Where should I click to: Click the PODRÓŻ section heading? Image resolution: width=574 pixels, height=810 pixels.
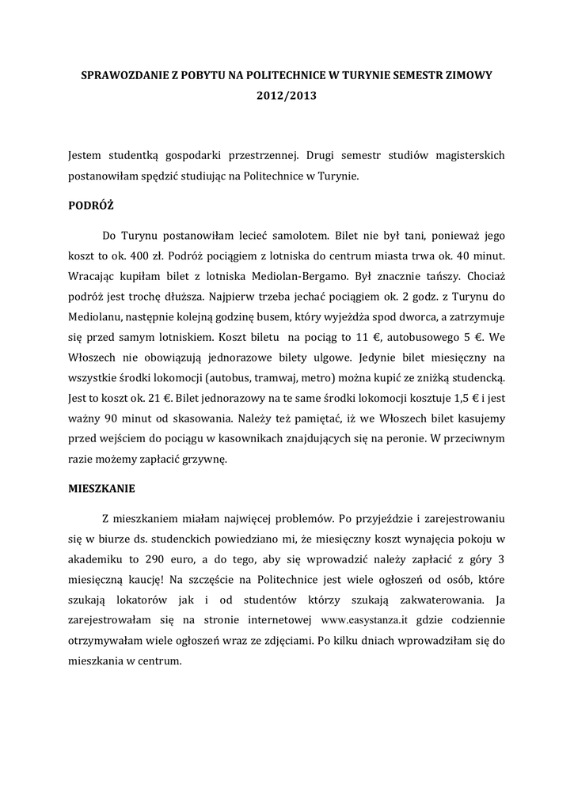click(x=92, y=205)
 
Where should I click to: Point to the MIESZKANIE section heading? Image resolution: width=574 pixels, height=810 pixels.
click(x=102, y=488)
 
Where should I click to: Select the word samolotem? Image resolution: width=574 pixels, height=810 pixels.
click(x=300, y=236)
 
